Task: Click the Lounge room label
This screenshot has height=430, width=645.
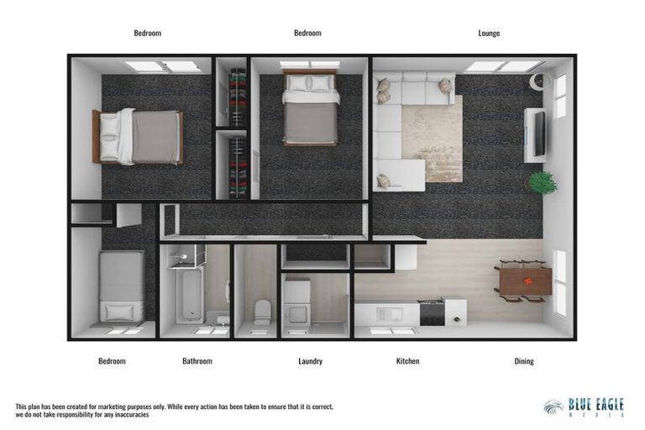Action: (489, 34)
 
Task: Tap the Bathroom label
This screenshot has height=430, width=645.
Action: (197, 361)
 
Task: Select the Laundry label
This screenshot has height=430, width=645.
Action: (310, 361)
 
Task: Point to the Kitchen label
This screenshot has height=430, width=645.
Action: (407, 361)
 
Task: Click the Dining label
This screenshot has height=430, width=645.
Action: (523, 361)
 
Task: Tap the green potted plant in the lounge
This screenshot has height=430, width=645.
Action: (542, 182)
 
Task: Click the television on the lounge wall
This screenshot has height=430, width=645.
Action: (536, 134)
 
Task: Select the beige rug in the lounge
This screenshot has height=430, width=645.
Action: (431, 139)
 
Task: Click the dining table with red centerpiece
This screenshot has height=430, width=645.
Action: (524, 280)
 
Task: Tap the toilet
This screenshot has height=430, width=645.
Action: (262, 312)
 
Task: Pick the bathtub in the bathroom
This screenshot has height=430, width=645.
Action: (192, 294)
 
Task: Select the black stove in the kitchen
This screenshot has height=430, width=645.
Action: (431, 312)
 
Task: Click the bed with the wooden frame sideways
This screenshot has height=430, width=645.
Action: (139, 136)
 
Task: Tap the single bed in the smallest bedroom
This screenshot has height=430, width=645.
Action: (122, 286)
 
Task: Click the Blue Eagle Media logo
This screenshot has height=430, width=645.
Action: (584, 407)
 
